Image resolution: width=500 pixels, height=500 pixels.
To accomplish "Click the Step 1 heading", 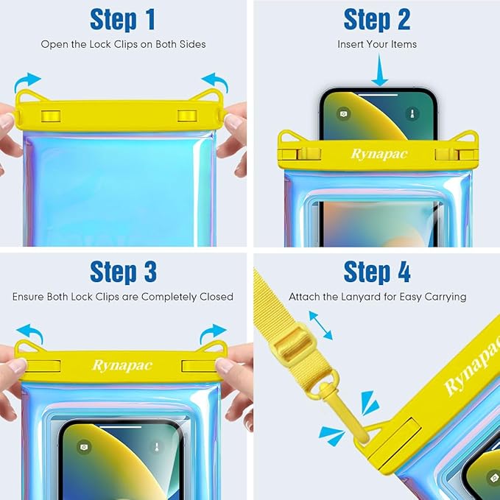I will tap(123, 20).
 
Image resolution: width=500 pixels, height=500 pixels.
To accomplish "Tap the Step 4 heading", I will tap(376, 272).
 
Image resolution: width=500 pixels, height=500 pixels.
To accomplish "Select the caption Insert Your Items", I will tap(377, 44).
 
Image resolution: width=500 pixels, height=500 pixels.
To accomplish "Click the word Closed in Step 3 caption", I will tap(216, 297).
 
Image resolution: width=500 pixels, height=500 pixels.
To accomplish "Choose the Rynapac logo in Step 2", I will tap(378, 154).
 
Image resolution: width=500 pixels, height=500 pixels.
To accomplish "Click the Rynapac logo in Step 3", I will tap(123, 366).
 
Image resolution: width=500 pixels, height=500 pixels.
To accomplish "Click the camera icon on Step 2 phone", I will tap(343, 114).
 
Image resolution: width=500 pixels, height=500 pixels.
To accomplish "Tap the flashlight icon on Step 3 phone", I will tap(157, 446).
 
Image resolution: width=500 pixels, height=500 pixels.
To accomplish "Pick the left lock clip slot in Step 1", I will tap(51, 116).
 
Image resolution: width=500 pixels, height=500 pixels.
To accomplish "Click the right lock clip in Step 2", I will tap(449, 154).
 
